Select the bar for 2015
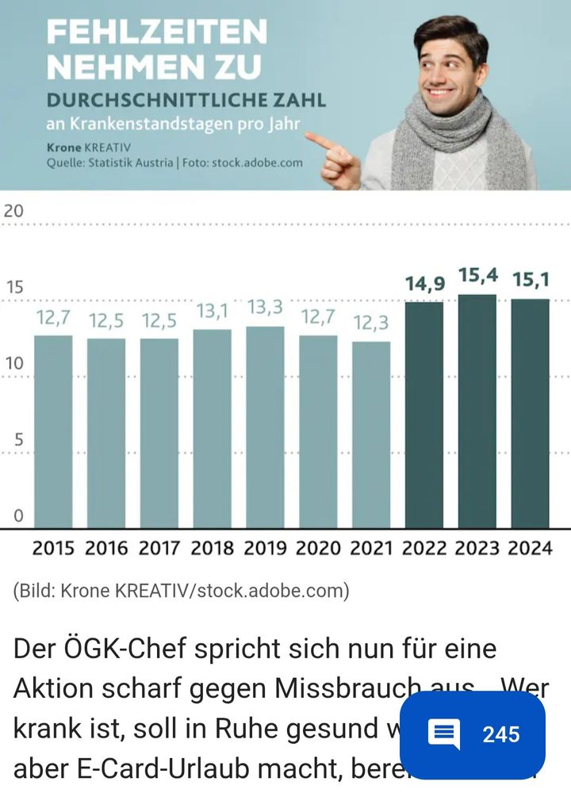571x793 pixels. click(x=53, y=431)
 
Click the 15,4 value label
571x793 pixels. click(x=478, y=277)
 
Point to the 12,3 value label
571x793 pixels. click(x=372, y=323)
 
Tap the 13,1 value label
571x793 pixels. click(x=213, y=311)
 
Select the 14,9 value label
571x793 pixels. click(x=425, y=283)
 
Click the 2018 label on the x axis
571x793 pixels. click(x=213, y=548)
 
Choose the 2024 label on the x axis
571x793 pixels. click(x=531, y=548)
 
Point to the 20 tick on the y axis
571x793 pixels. click(x=13, y=211)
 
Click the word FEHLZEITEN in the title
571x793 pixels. click(x=156, y=33)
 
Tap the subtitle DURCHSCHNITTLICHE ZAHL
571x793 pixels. click(x=186, y=101)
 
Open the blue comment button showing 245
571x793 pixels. click(x=472, y=734)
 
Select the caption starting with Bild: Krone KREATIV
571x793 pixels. click(x=181, y=591)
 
